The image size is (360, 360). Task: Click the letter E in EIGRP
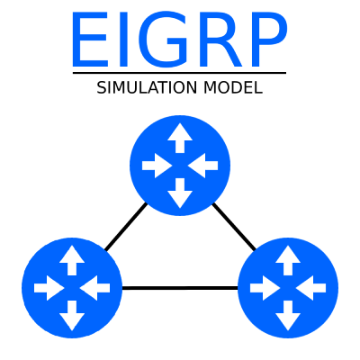90,40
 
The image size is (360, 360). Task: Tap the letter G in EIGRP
162,40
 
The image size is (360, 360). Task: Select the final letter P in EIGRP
269,40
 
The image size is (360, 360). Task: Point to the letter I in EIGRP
123,40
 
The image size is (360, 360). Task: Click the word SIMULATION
147,88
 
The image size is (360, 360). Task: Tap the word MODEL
233,88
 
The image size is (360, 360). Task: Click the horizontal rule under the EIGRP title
179,73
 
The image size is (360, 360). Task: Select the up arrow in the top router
180,138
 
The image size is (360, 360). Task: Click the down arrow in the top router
180,193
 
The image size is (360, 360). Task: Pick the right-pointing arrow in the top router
157,166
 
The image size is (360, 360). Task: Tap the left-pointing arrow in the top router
202,166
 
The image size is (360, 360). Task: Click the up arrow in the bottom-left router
72,260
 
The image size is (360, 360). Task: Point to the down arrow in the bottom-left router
72,316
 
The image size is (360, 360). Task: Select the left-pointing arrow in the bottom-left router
94,288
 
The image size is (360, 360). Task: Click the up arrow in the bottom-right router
288,260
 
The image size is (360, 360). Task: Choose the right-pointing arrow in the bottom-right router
265,288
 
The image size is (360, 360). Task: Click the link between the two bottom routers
180,288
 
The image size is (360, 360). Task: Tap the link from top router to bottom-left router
126,227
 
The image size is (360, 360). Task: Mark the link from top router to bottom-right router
234,227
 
